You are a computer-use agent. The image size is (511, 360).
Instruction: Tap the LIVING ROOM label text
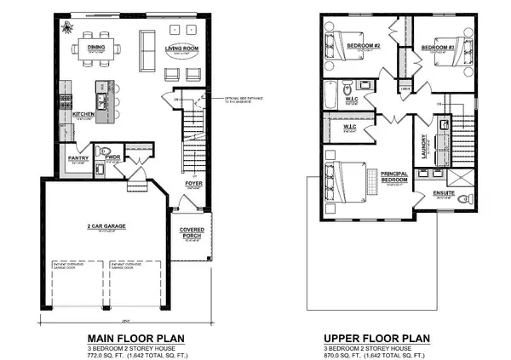(x=181, y=49)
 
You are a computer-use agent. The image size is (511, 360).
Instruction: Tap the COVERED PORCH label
(x=192, y=232)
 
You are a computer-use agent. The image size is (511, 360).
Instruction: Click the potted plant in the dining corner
(x=66, y=26)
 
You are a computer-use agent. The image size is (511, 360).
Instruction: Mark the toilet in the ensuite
(x=464, y=199)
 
